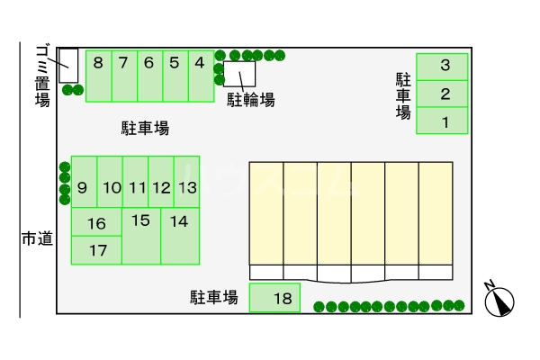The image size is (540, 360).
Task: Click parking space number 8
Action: pos(98,76)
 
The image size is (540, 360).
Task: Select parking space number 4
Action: pos(201,76)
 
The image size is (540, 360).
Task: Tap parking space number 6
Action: pos(149,76)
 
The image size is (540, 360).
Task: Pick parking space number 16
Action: pos(96,223)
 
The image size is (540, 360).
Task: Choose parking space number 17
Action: pos(96,250)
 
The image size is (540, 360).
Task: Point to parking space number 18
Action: pos(274,298)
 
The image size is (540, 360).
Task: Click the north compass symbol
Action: pos(498,300)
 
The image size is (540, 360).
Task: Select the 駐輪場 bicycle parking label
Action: pos(250,99)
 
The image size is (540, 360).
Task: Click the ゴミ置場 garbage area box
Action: pos(68,65)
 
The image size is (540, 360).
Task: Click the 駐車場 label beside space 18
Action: pos(214,297)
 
